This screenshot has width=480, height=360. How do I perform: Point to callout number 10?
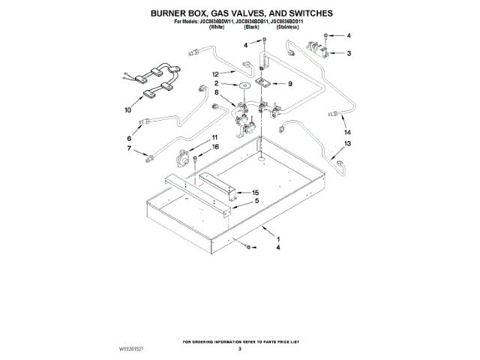coord(127,109)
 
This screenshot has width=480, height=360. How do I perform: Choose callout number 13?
coord(347,142)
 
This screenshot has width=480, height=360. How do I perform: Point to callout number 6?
coord(128,139)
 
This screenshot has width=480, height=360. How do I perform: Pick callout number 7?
coord(128,149)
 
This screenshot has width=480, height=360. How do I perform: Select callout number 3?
coord(347,52)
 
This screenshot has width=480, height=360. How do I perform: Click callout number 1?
coord(279,239)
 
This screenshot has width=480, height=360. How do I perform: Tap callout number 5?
coord(256,201)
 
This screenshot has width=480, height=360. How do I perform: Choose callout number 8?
coord(217,92)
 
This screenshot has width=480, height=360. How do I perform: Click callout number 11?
coord(214,137)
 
